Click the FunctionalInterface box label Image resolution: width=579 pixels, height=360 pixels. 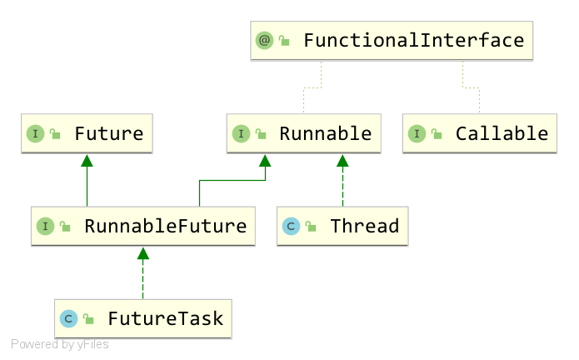pyautogui.click(x=413, y=40)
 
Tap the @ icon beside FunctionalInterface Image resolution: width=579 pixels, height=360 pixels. pyautogui.click(x=264, y=40)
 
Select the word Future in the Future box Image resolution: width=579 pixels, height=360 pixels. pyautogui.click(x=109, y=133)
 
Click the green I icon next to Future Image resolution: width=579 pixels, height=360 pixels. pyautogui.click(x=36, y=133)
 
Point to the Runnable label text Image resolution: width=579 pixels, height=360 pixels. pyautogui.click(x=325, y=133)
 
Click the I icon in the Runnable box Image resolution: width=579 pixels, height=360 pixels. pyautogui.click(x=241, y=133)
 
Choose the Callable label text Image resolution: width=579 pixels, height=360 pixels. pyautogui.click(x=502, y=133)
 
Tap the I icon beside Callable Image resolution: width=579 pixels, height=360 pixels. pyautogui.click(x=417, y=133)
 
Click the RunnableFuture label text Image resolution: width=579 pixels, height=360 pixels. pyautogui.click(x=166, y=226)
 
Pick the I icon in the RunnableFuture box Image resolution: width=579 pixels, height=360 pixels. pyautogui.click(x=46, y=226)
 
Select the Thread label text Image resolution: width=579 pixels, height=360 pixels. pyautogui.click(x=365, y=226)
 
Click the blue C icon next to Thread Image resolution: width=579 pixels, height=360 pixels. pyautogui.click(x=291, y=226)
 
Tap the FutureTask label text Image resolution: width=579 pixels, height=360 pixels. pyautogui.click(x=166, y=318)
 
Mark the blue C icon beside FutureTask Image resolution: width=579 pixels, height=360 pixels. pyautogui.click(x=68, y=318)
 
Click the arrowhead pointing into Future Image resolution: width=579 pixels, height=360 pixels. pyautogui.click(x=87, y=160)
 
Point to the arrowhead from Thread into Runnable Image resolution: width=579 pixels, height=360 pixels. pyautogui.click(x=342, y=160)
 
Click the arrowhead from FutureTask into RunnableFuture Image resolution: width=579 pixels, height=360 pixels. pyautogui.click(x=143, y=253)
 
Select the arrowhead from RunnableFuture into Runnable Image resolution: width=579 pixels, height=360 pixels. pyautogui.click(x=265, y=160)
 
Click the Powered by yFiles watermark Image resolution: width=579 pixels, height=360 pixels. pyautogui.click(x=60, y=344)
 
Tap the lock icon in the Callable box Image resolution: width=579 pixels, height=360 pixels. pyautogui.click(x=437, y=133)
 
